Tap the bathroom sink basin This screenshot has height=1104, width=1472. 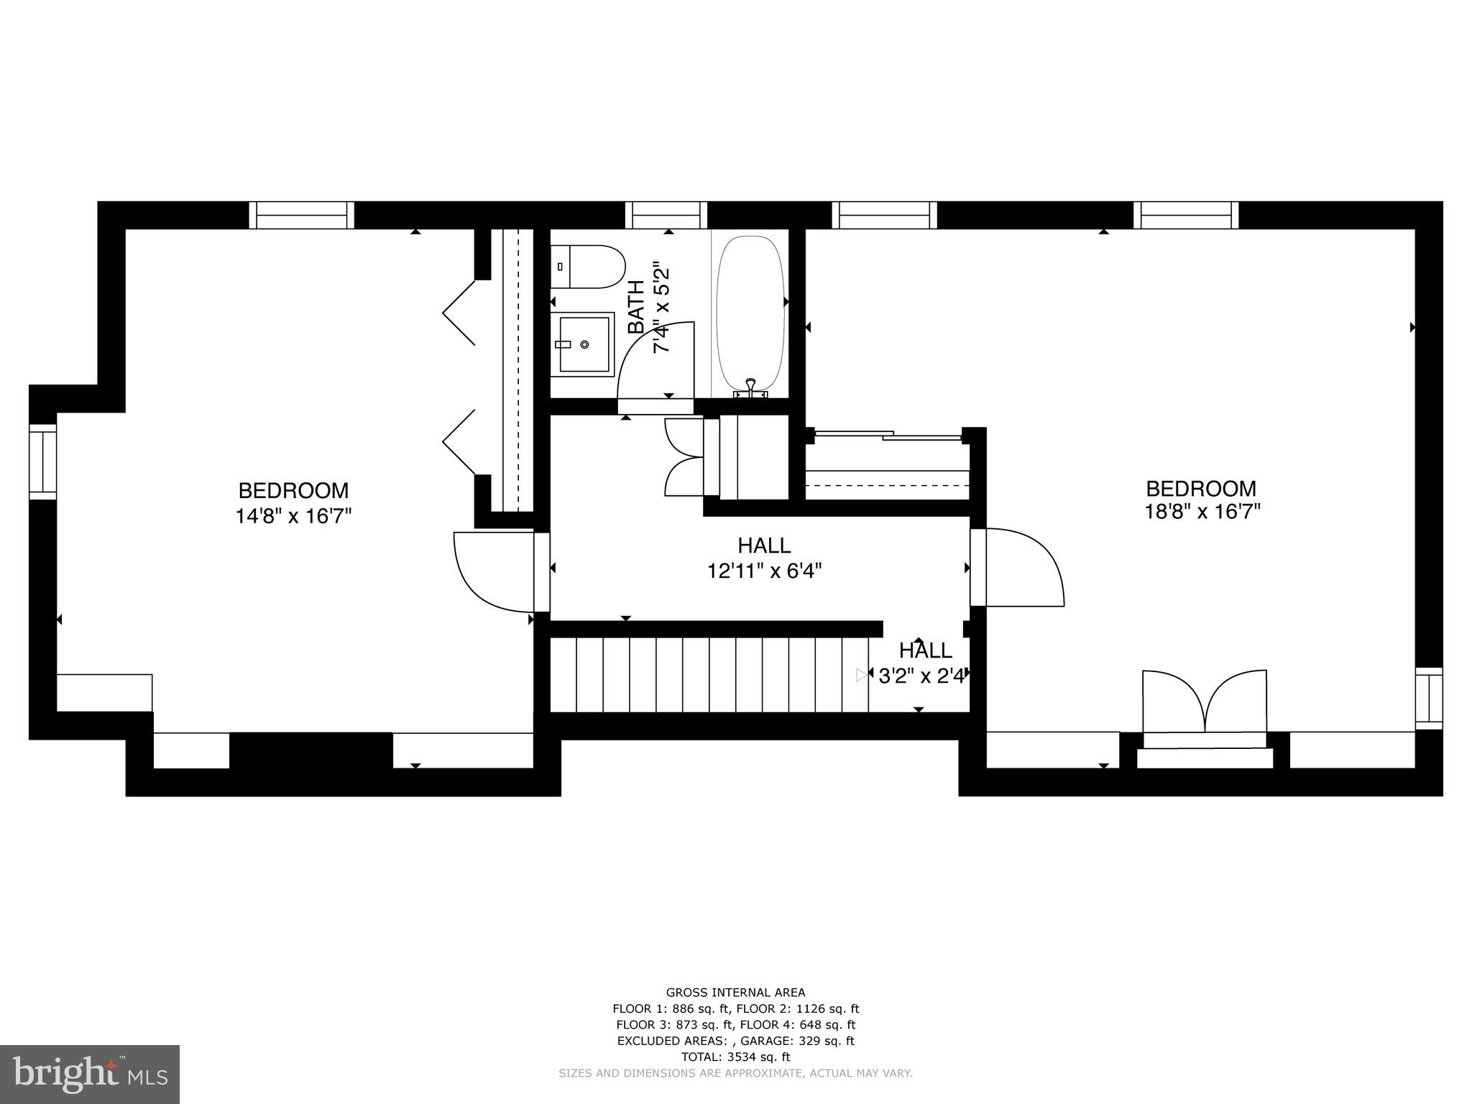pos(583,344)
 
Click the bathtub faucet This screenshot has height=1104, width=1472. pos(750,388)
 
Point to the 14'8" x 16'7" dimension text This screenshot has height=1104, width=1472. pos(293,516)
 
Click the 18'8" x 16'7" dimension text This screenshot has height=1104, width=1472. pos(1202,512)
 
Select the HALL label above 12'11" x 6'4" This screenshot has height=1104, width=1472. pos(764,546)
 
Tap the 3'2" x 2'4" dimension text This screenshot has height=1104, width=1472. pos(921,676)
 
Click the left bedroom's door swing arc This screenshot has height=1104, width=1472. pos(489,571)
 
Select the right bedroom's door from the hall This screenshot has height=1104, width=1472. pos(1021,568)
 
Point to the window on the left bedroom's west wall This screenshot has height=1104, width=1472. pos(42,461)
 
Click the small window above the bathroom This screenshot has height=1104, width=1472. pos(666,215)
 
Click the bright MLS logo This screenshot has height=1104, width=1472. pos(90,1074)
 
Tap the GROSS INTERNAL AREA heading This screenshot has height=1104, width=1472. pos(735,993)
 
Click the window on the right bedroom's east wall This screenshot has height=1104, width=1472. pos(1429,697)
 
